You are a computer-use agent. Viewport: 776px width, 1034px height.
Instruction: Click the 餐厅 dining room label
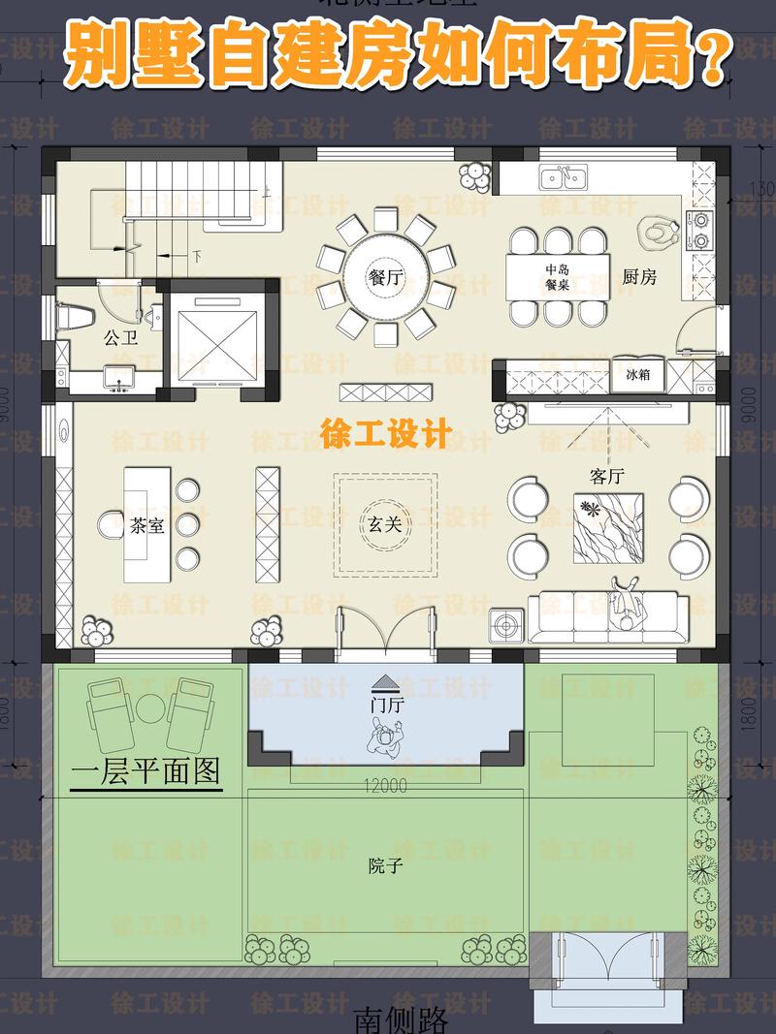(x=385, y=277)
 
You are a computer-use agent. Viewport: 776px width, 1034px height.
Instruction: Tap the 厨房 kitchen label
(x=639, y=277)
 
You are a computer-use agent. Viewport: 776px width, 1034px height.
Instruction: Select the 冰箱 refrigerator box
(x=637, y=374)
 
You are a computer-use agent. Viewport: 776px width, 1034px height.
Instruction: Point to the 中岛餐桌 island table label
(x=556, y=278)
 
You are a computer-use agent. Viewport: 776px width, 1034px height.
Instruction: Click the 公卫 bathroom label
(x=120, y=337)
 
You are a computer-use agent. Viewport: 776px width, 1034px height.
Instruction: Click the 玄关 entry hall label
(x=384, y=524)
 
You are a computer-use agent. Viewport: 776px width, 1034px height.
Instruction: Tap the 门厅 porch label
(x=386, y=705)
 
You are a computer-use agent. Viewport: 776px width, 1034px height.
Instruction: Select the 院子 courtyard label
(x=385, y=865)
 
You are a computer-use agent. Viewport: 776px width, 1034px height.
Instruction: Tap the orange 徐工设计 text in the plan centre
(x=385, y=435)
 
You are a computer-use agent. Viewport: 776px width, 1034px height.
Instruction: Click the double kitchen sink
(x=564, y=177)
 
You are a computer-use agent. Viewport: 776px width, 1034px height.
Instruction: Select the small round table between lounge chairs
(x=150, y=707)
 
